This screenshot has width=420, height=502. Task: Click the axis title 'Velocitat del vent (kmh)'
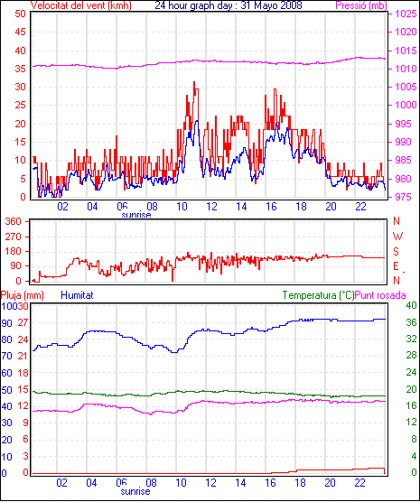(80, 5)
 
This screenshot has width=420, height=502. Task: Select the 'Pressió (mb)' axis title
(361, 5)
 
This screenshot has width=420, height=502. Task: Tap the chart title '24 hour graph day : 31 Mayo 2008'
(229, 5)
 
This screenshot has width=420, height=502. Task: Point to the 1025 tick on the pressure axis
(406, 14)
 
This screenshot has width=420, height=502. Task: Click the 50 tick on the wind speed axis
(20, 14)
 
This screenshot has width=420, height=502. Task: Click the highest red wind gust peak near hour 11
(194, 82)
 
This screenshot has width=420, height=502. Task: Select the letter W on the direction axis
(397, 237)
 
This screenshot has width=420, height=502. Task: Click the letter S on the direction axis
(397, 252)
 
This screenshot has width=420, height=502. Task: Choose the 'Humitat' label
(77, 295)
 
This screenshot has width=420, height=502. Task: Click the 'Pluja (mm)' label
(22, 295)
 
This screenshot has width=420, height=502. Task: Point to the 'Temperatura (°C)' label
(319, 295)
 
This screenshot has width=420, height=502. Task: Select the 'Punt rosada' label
(380, 295)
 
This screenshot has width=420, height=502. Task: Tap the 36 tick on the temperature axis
(411, 322)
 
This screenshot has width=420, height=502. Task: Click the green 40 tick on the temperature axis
(411, 306)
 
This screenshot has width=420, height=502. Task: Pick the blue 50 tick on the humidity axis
(6, 390)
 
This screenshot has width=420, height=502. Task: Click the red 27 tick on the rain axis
(23, 322)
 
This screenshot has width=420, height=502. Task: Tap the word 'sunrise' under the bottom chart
(135, 491)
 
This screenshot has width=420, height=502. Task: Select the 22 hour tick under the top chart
(360, 207)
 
